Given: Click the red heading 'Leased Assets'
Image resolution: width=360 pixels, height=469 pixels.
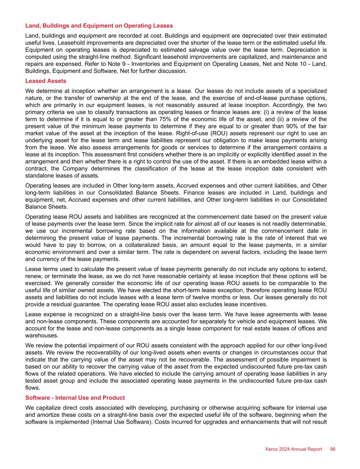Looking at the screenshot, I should [x=46, y=81].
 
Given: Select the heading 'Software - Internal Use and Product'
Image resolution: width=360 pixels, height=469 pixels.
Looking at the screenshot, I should [x=75, y=398].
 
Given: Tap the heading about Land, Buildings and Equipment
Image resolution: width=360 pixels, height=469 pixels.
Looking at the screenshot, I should [x=99, y=26].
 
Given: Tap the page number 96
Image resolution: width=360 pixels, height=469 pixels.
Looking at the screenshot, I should [x=332, y=449].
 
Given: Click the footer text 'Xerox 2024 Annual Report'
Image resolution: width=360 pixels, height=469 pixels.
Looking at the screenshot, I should [x=293, y=449].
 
